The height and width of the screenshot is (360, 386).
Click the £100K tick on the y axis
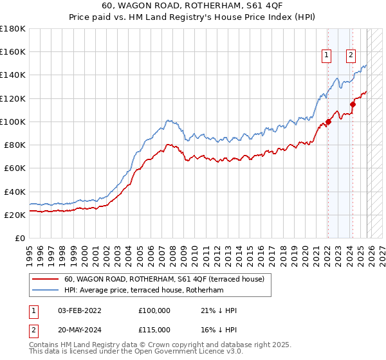tap(13, 122)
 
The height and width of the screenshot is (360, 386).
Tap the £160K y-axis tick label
tap(13, 51)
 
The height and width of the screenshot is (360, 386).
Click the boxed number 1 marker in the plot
tap(327, 56)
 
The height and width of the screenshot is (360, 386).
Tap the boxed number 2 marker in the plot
tap(351, 56)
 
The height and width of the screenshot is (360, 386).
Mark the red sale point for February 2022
tap(328, 121)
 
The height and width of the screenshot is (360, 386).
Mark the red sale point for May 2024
tap(353, 104)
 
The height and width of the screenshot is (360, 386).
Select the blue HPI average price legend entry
tap(143, 291)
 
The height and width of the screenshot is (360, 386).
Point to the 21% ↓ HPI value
tap(219, 310)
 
